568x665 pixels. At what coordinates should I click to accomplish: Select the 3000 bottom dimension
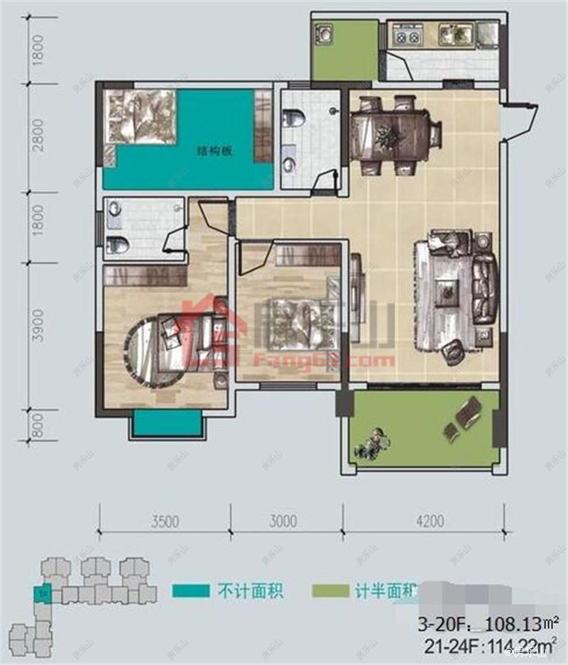(283, 522)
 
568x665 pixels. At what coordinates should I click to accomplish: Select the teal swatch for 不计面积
(190, 590)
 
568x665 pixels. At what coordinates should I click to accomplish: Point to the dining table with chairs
(389, 135)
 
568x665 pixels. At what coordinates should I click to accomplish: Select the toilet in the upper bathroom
(293, 118)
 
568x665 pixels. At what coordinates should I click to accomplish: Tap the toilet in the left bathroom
(117, 246)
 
